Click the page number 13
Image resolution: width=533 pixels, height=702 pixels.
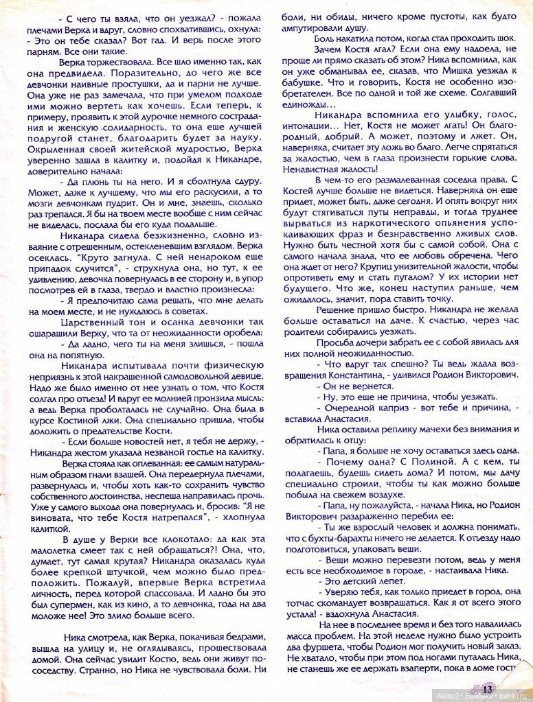click(x=487, y=688)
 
